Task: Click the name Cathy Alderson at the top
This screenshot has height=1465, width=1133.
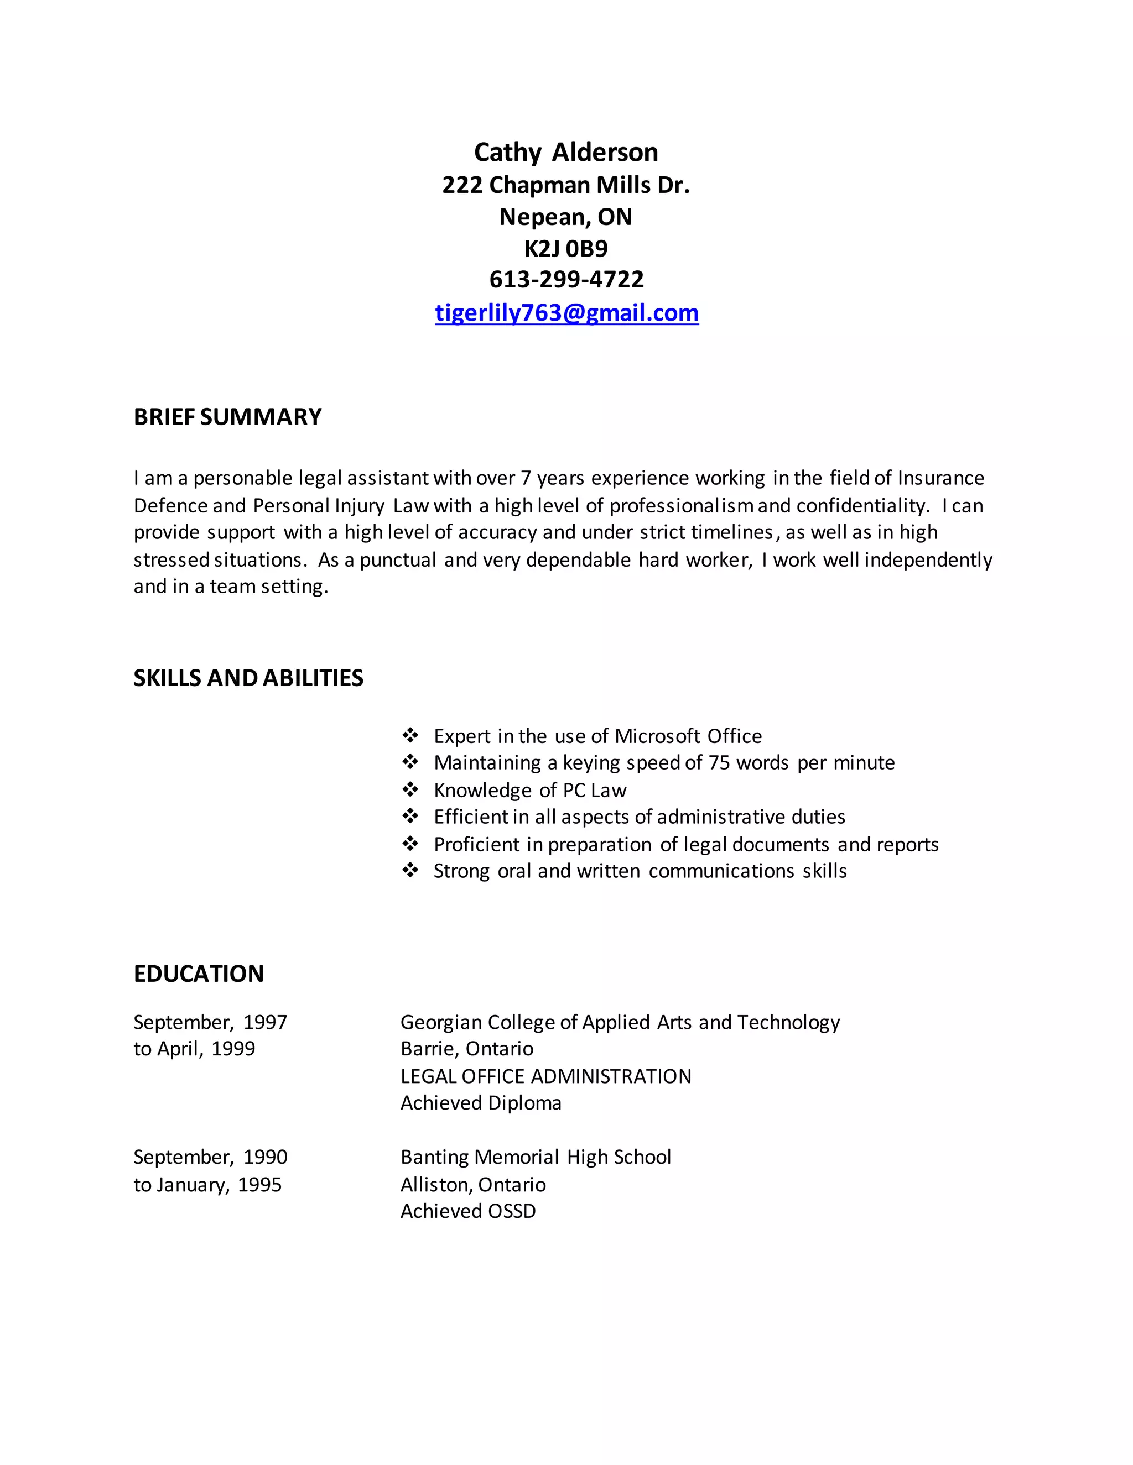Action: click(x=566, y=152)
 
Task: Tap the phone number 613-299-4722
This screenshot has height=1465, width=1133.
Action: click(x=566, y=280)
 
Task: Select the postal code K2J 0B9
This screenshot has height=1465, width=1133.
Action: click(x=566, y=249)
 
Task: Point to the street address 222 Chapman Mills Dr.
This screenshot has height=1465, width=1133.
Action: click(x=566, y=185)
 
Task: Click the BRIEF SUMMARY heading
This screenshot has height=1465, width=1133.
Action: click(x=227, y=417)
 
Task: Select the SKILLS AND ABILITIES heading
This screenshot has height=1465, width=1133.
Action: click(x=248, y=678)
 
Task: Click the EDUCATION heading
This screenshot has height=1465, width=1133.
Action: click(x=199, y=974)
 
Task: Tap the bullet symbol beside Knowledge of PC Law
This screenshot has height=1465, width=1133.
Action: click(x=410, y=789)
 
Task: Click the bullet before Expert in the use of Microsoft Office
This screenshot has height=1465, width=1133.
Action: click(x=410, y=735)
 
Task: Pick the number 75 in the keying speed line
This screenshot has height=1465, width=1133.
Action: click(x=719, y=763)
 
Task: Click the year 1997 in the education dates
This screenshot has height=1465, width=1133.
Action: click(x=265, y=1022)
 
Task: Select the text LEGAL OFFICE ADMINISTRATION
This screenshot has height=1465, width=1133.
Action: click(x=545, y=1076)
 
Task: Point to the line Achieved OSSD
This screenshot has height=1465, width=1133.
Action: click(x=468, y=1211)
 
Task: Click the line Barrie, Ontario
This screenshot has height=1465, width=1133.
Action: click(x=466, y=1049)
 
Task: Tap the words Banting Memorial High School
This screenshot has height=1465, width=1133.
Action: click(x=536, y=1157)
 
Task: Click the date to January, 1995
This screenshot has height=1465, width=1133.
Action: click(x=207, y=1185)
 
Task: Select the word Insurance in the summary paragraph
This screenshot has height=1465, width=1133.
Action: click(x=941, y=478)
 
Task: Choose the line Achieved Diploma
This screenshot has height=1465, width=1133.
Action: click(x=481, y=1103)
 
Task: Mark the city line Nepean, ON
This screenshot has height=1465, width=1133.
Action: click(x=566, y=217)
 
